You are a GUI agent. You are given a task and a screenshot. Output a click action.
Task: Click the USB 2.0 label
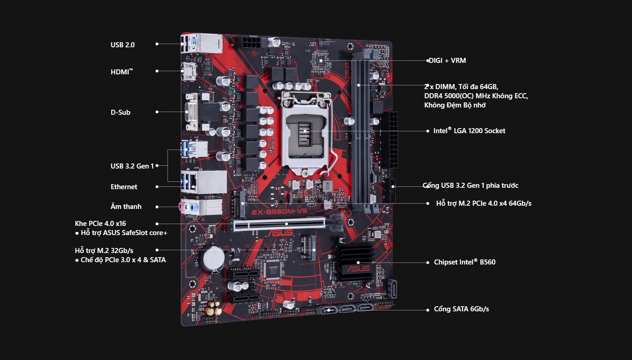click(122, 45)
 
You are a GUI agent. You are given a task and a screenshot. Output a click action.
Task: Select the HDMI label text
click(121, 72)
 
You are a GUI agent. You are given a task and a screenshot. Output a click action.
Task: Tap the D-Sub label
click(120, 112)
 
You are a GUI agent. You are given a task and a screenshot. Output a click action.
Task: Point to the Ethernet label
click(124, 187)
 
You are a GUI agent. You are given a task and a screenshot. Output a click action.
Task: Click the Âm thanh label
click(126, 207)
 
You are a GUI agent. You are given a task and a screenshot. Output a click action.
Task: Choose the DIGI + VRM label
click(447, 61)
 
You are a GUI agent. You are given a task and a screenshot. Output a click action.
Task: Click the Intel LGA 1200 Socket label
click(469, 131)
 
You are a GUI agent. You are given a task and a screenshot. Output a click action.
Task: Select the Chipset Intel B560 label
click(464, 262)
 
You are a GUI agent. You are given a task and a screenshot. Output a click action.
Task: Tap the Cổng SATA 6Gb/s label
click(461, 309)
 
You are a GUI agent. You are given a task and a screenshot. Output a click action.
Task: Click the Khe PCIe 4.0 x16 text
click(100, 224)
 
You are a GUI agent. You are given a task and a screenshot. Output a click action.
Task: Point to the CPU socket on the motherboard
click(305, 131)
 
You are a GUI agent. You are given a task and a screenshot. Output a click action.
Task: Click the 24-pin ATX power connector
click(393, 140)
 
